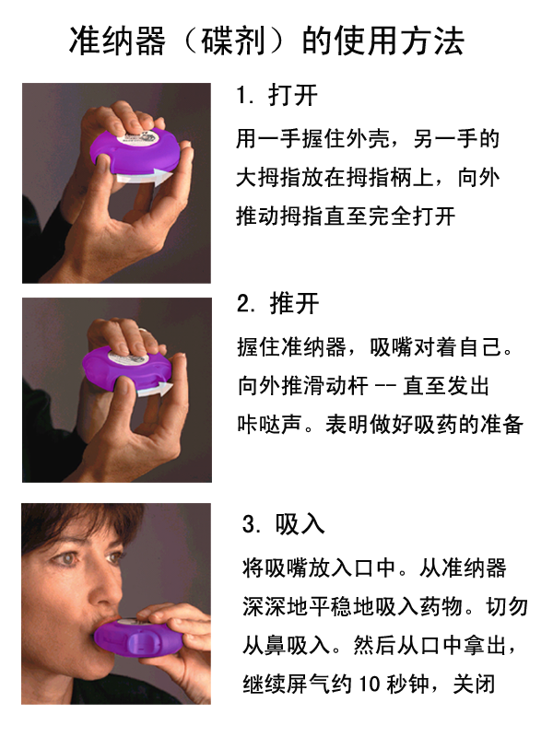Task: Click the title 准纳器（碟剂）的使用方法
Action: point(267,41)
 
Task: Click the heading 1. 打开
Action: point(276,95)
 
